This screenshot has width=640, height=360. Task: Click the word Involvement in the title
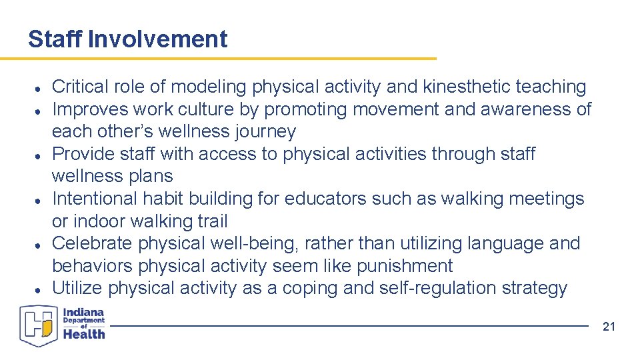coord(157,39)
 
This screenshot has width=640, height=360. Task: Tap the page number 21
coord(608,327)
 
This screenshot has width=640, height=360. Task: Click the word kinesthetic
coord(464,87)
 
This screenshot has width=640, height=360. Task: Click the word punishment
coord(405,266)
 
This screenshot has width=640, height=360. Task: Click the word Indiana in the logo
coord(85,311)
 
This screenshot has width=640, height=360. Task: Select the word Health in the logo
coord(85,334)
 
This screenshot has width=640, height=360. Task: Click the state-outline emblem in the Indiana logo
coord(39,325)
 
